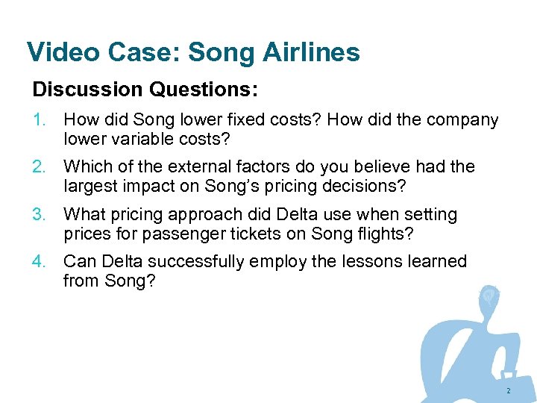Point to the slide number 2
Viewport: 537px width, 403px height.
pyautogui.click(x=508, y=391)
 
